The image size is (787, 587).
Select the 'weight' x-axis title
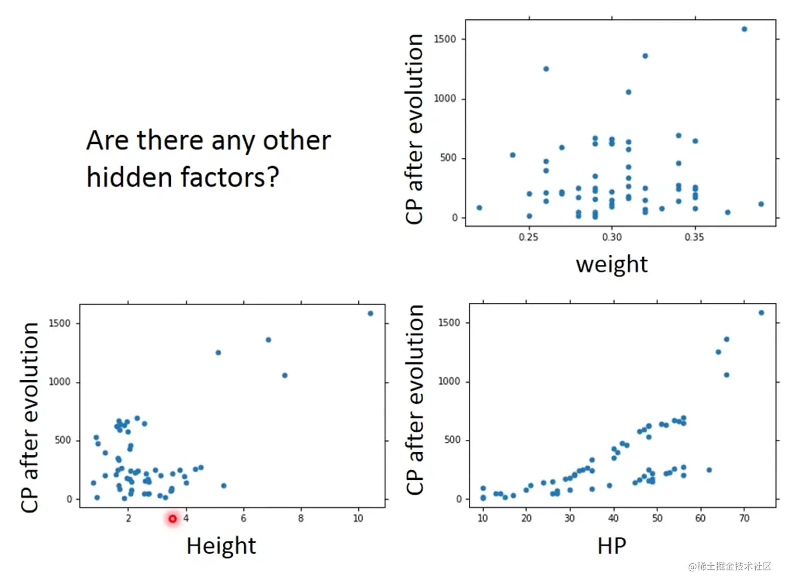612,264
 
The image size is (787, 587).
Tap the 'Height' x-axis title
221,546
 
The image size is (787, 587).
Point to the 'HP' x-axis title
612,546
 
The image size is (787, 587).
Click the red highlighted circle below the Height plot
173,518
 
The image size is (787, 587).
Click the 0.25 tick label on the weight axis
528,237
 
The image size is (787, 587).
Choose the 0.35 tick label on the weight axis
694,237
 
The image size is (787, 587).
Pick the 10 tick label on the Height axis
358,518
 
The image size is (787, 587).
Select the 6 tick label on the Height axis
243,518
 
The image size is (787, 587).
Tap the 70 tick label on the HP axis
744,518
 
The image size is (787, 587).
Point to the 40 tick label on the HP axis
614,518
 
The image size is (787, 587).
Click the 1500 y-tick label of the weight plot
445,39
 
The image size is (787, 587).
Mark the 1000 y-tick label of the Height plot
59,382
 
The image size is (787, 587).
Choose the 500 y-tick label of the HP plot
452,440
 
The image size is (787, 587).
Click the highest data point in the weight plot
744,29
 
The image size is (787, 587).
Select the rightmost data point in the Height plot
371,313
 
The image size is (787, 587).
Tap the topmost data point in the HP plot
761,313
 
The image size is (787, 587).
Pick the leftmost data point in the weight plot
479,208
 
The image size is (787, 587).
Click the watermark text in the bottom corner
730,567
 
